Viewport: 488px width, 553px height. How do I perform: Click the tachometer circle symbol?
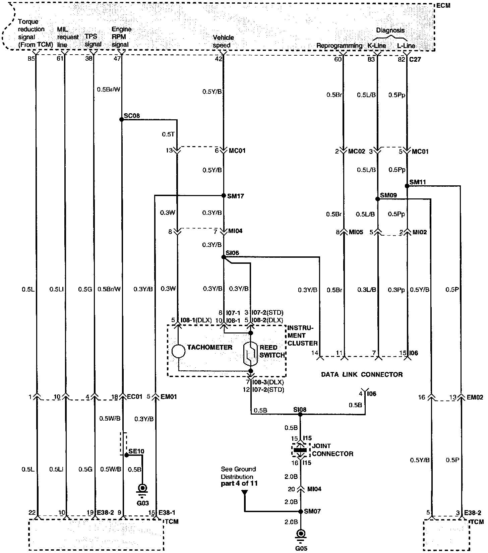point(178,351)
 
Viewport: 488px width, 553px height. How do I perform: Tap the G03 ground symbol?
point(142,488)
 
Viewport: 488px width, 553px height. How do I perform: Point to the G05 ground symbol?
point(301,534)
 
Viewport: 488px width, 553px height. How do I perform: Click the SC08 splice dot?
point(122,119)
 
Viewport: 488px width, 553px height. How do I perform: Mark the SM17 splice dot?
point(224,195)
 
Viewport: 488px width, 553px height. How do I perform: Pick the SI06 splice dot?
point(224,257)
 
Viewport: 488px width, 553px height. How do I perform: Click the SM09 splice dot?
point(378,199)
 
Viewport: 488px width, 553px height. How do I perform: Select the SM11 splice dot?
point(407,186)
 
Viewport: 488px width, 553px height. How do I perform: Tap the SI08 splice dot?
point(300,414)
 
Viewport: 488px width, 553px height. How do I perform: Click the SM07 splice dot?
point(301,511)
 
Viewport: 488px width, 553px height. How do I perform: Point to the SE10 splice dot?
point(126,455)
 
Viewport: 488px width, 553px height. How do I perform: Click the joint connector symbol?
point(301,450)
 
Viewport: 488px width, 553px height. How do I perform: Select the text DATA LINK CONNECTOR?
point(362,374)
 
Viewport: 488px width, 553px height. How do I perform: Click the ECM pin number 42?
point(218,59)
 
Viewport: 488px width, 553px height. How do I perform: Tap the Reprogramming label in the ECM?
point(340,46)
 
